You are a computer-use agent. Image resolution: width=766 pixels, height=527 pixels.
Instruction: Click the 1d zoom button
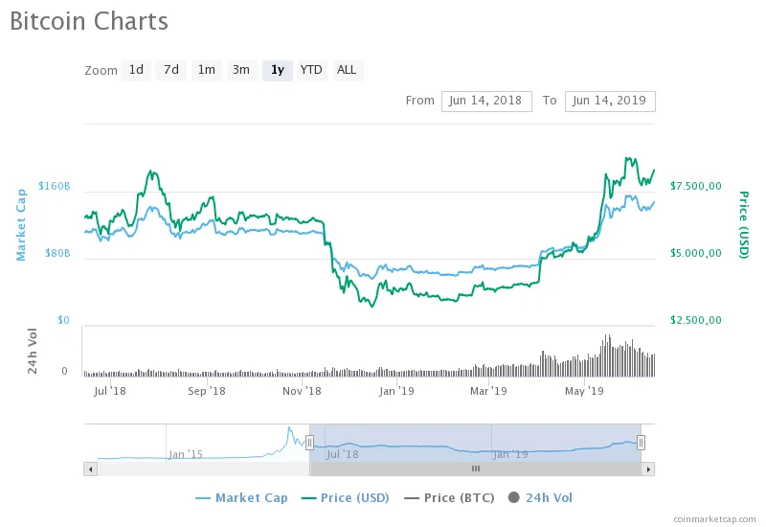click(x=136, y=70)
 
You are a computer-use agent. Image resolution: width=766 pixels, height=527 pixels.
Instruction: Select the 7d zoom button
click(x=171, y=70)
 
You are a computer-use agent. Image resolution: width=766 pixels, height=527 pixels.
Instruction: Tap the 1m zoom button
click(x=206, y=70)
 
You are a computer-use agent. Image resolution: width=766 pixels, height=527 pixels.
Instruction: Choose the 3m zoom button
click(x=241, y=70)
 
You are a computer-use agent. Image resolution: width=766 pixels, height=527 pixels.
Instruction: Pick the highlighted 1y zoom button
click(x=277, y=70)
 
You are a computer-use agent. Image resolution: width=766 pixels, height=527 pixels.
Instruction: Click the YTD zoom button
click(x=311, y=70)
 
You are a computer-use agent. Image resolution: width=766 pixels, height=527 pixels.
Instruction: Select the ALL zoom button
click(x=347, y=70)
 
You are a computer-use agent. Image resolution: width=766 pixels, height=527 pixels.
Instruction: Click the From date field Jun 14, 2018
click(x=486, y=101)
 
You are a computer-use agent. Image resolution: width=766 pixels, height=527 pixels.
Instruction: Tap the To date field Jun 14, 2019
click(x=610, y=101)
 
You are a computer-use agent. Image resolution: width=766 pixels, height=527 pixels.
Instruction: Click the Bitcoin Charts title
click(x=89, y=21)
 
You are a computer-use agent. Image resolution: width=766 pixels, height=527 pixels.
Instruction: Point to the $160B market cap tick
click(x=54, y=186)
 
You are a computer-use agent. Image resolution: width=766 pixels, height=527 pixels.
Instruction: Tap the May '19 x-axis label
click(x=584, y=391)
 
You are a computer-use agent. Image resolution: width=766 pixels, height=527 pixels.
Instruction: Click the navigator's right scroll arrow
click(x=648, y=469)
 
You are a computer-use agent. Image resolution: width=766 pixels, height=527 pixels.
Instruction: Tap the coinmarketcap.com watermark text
click(x=713, y=517)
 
